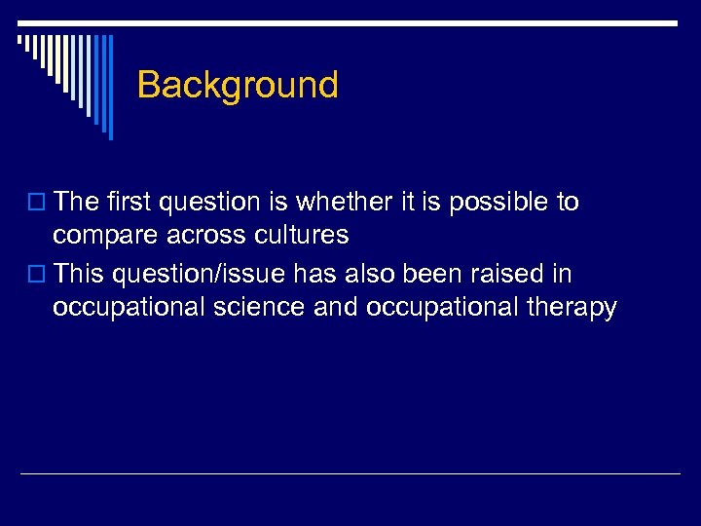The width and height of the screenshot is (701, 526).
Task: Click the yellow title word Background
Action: coord(238,86)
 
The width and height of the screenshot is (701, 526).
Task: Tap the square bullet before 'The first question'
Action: coord(39,204)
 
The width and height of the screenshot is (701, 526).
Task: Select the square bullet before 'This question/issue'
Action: coord(39,276)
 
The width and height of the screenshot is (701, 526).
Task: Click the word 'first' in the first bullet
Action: coord(129,203)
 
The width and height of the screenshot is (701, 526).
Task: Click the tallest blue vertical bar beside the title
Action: coord(110,88)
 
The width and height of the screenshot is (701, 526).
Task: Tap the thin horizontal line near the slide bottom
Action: coord(350,474)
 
